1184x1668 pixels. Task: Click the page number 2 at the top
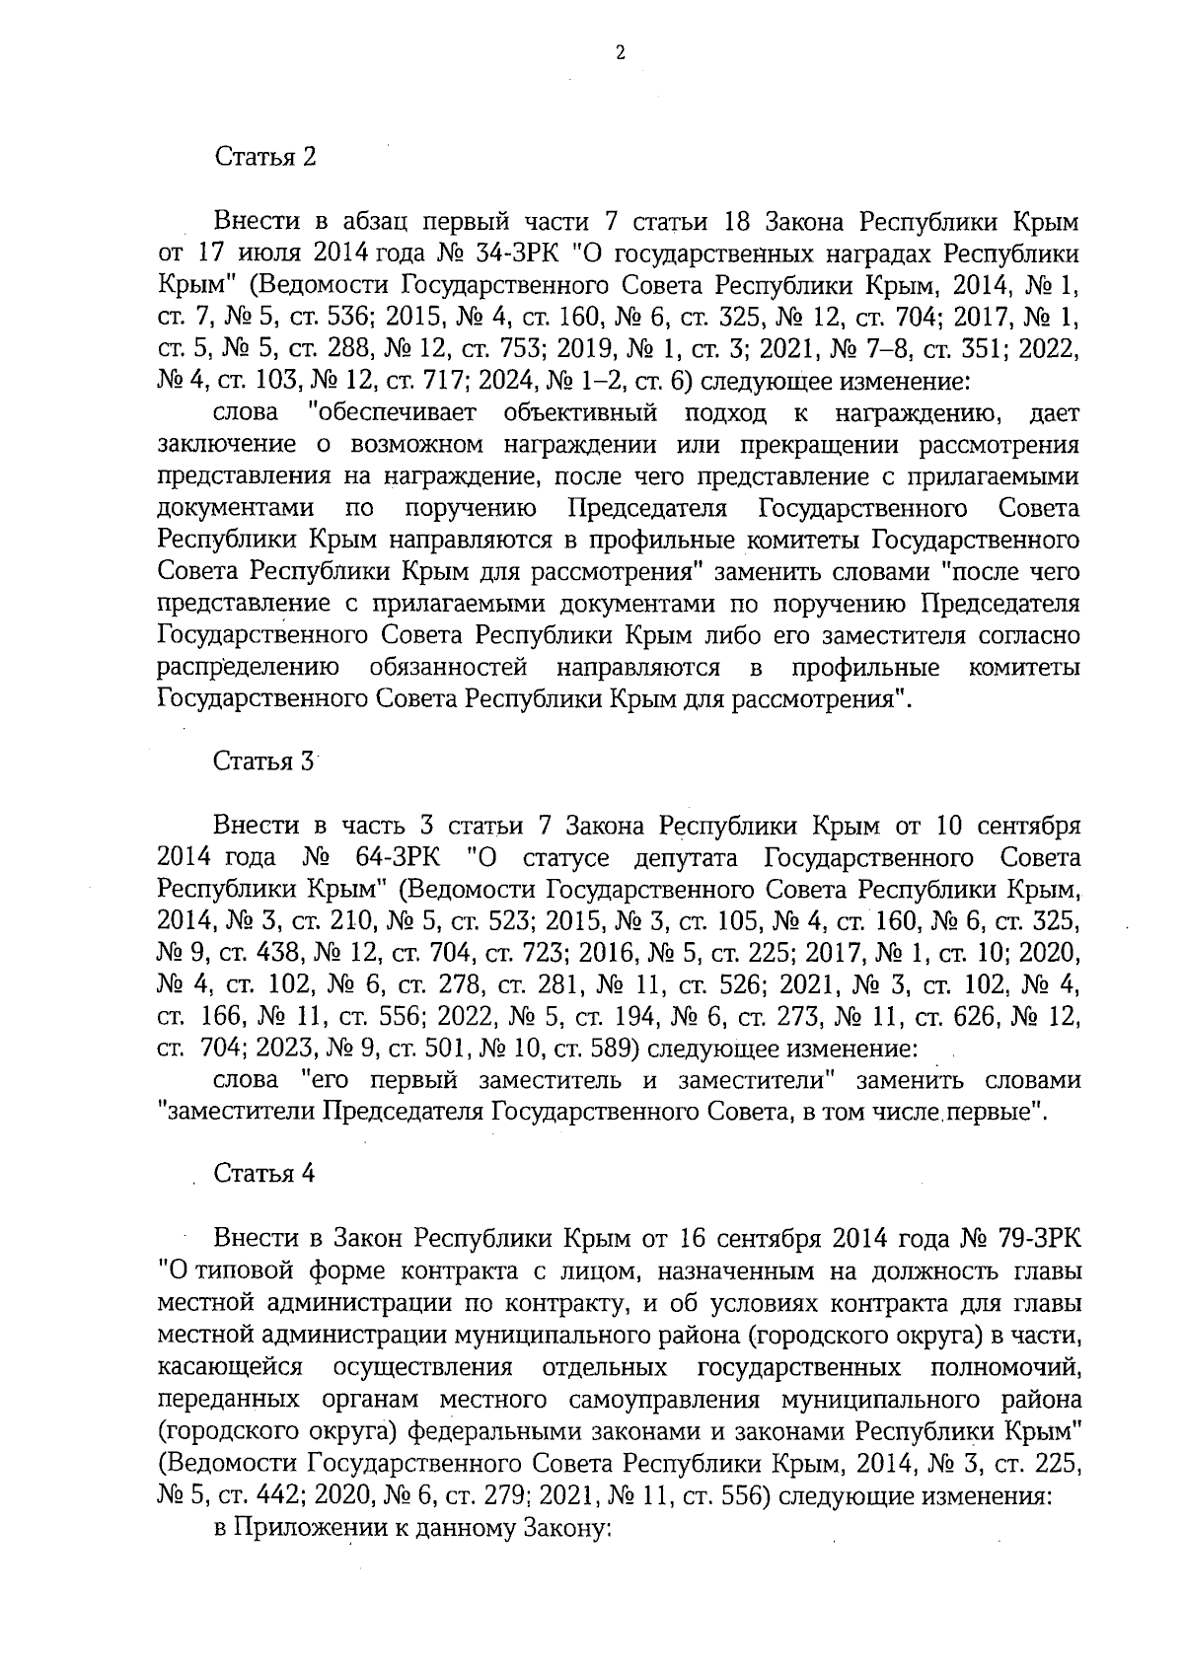(x=620, y=53)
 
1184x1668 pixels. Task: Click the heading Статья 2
(x=264, y=157)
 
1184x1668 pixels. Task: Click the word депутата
(x=697, y=856)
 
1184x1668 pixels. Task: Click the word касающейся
(x=229, y=1367)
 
